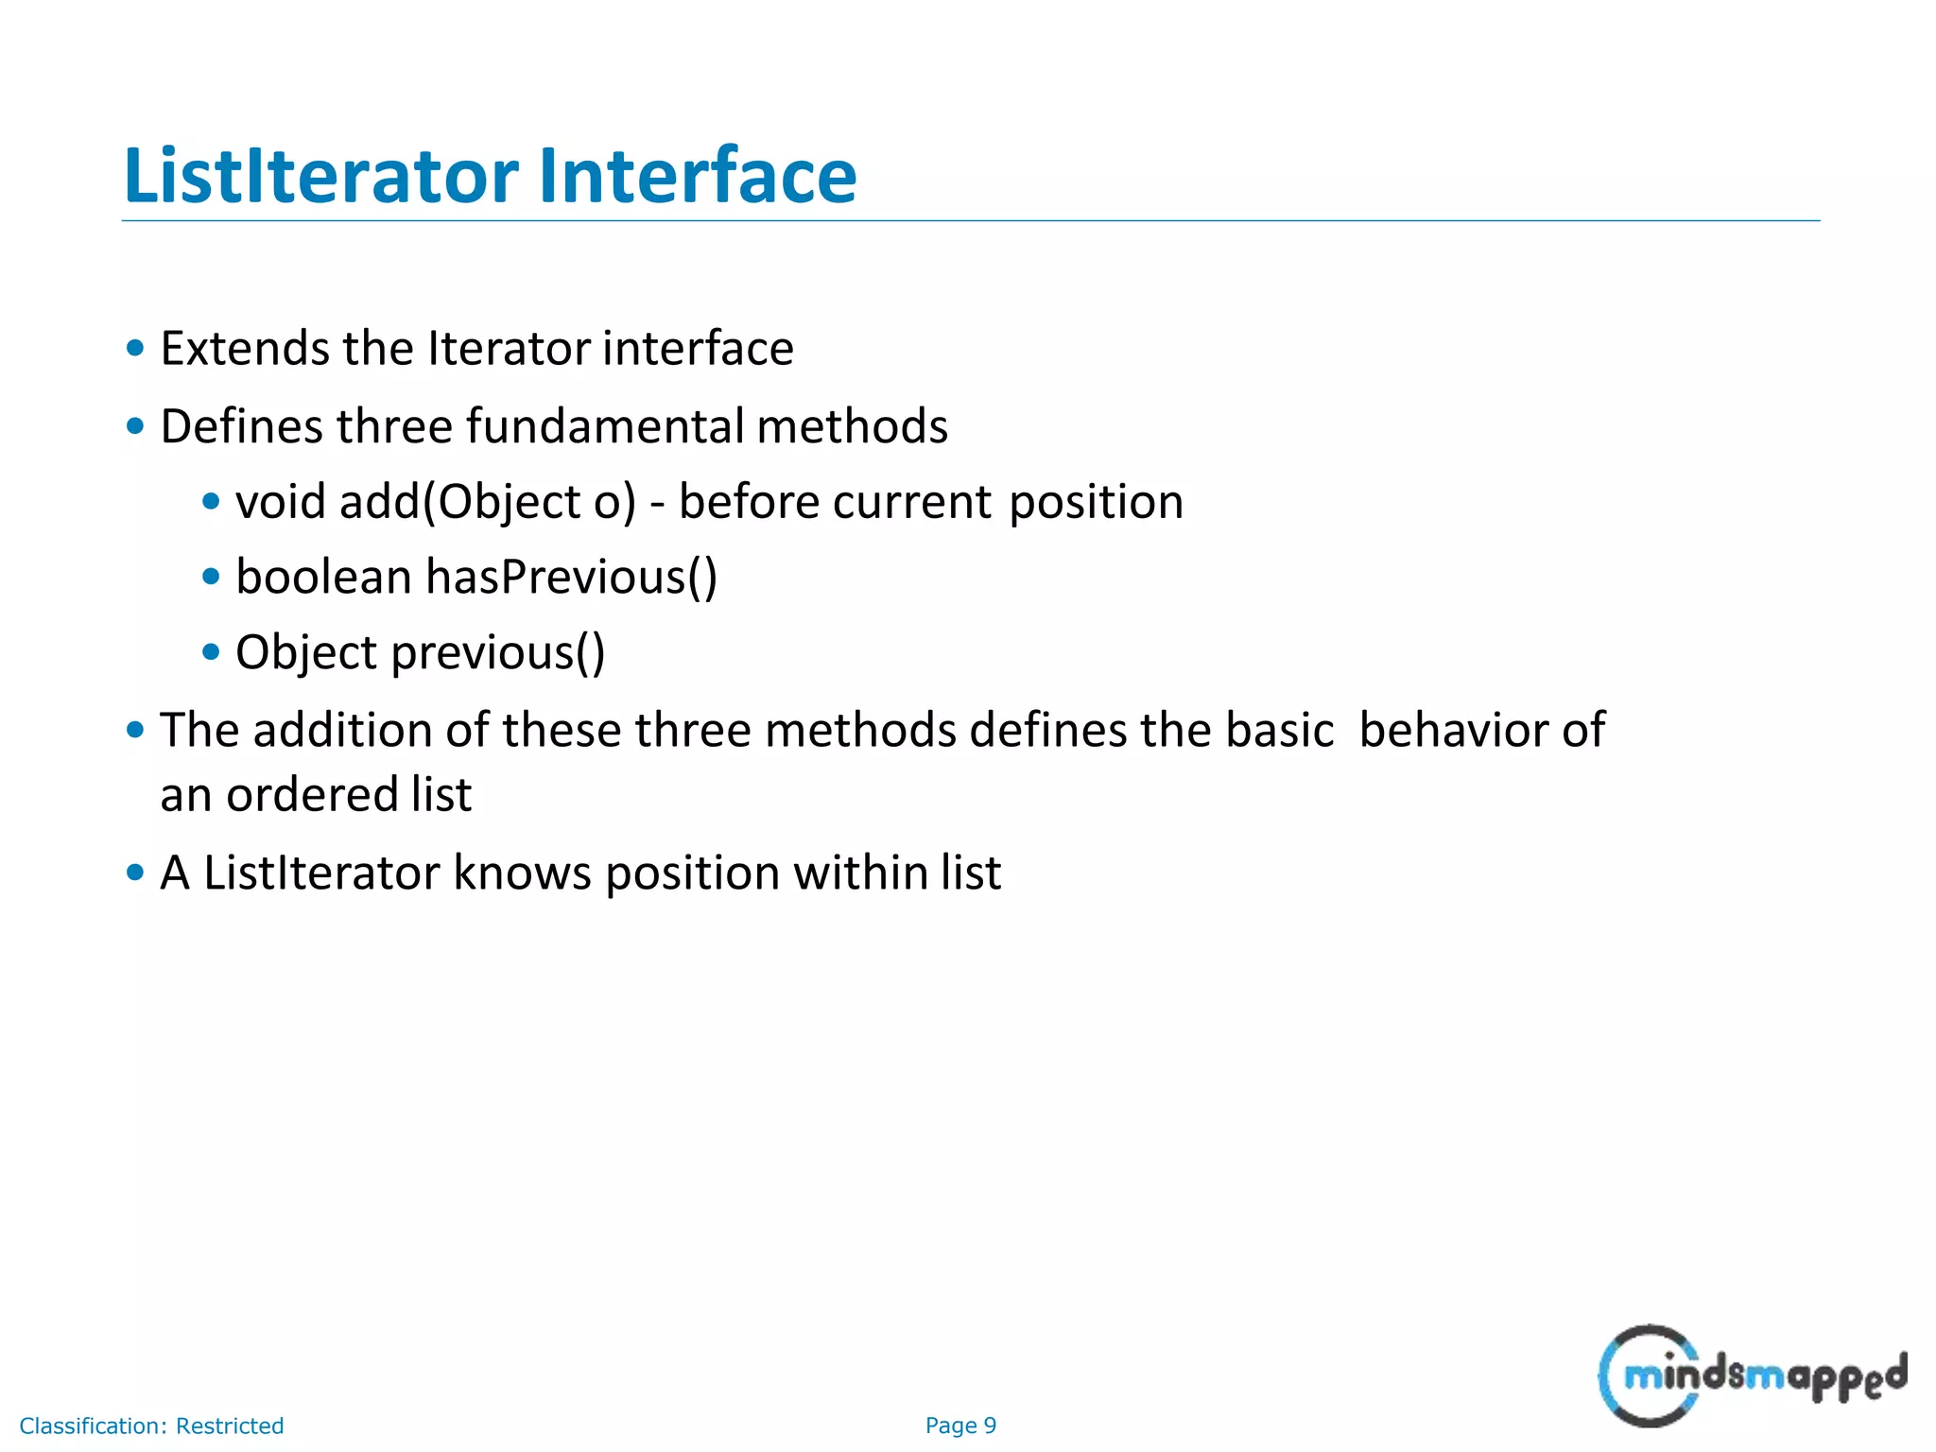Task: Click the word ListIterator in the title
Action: (x=321, y=176)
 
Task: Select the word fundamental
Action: (x=606, y=426)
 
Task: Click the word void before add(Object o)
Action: (x=281, y=502)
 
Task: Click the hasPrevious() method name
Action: (x=571, y=578)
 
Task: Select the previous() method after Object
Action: (x=498, y=653)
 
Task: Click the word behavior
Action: (x=1455, y=731)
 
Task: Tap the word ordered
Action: (x=312, y=795)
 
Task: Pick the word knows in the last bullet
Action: (x=522, y=873)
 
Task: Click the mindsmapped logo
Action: (x=1751, y=1376)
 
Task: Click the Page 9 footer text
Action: (x=960, y=1426)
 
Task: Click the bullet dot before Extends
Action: (x=135, y=348)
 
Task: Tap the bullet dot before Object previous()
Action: (x=212, y=652)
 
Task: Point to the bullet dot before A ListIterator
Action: (x=135, y=872)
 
